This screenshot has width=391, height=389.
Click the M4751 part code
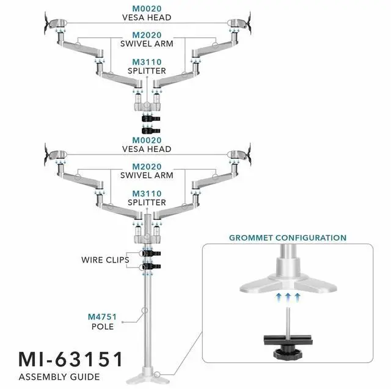tap(103, 316)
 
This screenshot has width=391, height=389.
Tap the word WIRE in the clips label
tap(93, 260)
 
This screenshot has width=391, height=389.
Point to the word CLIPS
tap(118, 260)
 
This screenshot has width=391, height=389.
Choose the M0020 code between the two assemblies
tap(147, 140)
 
